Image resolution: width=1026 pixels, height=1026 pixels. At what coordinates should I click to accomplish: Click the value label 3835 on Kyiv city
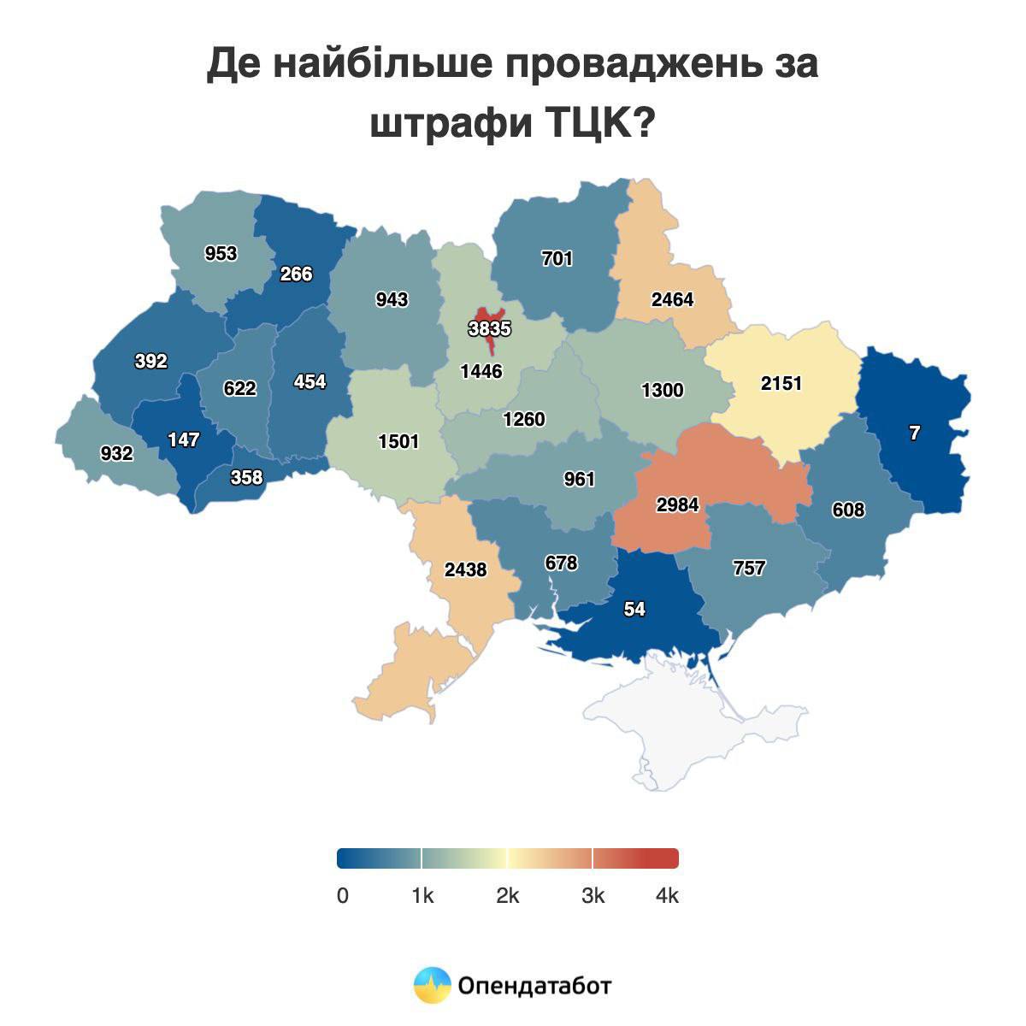(x=489, y=328)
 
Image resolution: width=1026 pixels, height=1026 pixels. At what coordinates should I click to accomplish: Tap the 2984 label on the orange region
(x=677, y=505)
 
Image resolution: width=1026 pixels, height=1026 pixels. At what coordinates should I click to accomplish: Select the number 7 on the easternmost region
(x=914, y=433)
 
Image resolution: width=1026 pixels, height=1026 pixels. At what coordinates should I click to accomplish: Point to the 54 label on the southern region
(x=634, y=609)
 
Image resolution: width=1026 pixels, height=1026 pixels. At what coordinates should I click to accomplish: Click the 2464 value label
(x=672, y=300)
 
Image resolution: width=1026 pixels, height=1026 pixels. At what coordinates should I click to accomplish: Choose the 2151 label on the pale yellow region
(x=781, y=383)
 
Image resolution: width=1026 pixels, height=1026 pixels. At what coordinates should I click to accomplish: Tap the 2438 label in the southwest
(x=465, y=569)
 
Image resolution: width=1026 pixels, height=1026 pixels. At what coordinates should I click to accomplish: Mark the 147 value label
(x=184, y=440)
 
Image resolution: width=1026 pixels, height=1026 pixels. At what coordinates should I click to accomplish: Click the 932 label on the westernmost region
(x=116, y=453)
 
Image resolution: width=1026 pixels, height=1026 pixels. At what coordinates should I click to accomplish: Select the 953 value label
(x=221, y=254)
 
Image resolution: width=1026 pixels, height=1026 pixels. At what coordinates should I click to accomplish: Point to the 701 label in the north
(x=557, y=258)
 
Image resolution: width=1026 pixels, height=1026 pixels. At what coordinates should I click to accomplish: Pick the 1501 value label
(x=398, y=441)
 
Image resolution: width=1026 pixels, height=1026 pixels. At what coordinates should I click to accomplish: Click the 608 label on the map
(x=847, y=510)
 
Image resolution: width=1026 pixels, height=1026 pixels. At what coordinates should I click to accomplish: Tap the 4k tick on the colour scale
(x=666, y=896)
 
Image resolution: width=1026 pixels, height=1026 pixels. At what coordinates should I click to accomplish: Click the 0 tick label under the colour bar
(x=343, y=896)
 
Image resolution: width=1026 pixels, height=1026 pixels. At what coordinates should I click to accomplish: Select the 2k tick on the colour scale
(x=507, y=896)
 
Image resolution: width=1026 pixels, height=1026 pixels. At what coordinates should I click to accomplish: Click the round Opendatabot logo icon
(x=432, y=986)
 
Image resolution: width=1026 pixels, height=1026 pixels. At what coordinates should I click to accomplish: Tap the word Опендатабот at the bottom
(x=535, y=986)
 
